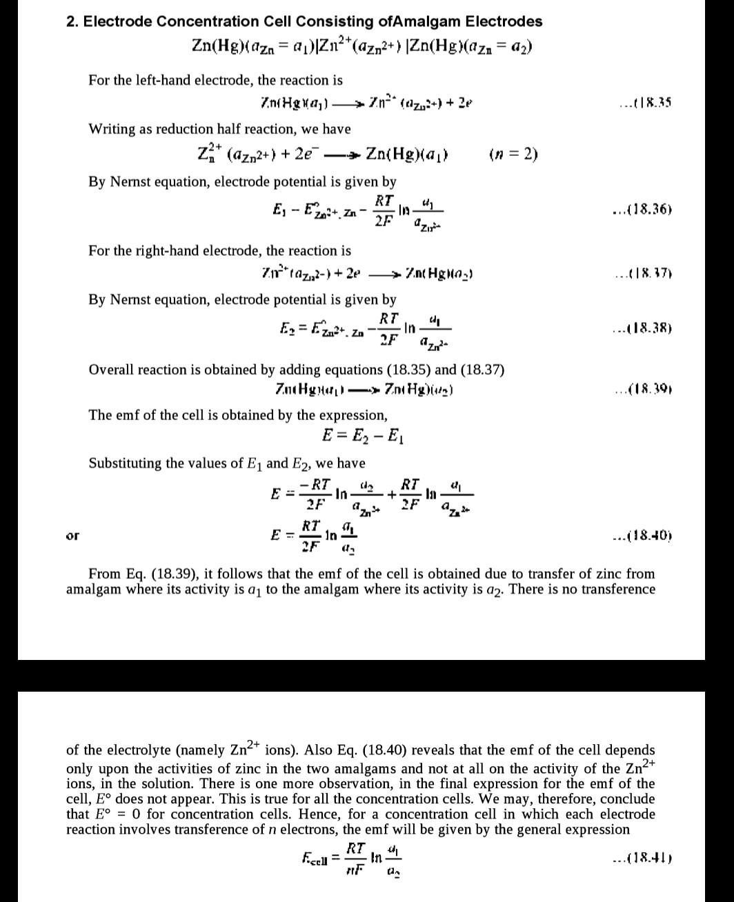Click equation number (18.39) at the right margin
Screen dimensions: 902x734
[642, 389]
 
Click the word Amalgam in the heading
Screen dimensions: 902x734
[420, 21]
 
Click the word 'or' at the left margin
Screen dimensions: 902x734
[72, 535]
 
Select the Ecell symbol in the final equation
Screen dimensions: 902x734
[315, 859]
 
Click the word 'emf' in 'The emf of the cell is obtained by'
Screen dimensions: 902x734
[126, 415]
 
